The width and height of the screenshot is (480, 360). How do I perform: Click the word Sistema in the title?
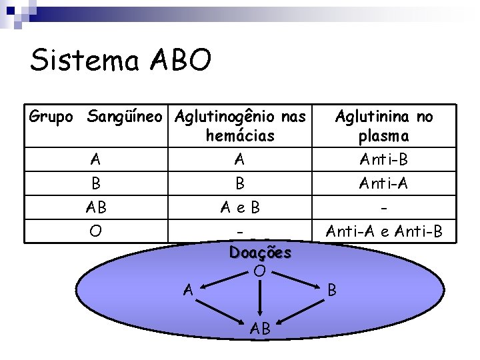coord(85,61)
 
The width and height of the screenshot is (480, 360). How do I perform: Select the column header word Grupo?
coord(51,117)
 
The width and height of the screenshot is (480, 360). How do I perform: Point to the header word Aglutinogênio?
coord(227,117)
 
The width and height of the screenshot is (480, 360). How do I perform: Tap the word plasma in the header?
coord(383,136)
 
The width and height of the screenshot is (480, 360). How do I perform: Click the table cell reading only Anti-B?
coord(383,159)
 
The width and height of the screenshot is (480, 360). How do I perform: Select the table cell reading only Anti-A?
coord(383,183)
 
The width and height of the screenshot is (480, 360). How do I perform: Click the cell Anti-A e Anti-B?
coord(383,231)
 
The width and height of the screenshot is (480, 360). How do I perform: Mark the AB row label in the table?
coord(96,207)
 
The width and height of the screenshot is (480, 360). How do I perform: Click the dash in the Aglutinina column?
coord(383,207)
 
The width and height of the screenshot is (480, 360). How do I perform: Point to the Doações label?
coord(260,253)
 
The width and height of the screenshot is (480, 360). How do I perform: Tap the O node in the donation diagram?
coord(261,271)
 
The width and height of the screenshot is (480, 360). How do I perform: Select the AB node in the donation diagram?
coord(260,329)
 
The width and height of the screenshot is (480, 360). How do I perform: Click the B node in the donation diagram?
coord(333,290)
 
